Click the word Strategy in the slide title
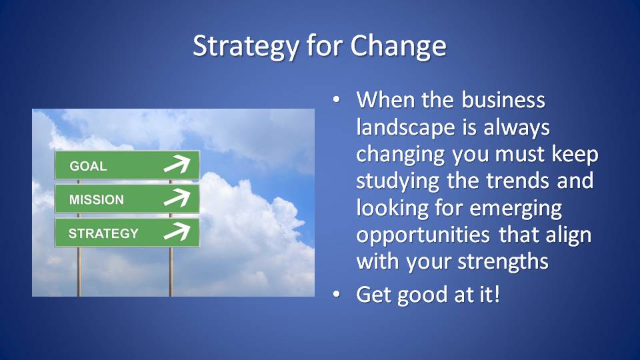pyautogui.click(x=246, y=46)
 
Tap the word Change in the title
pyautogui.click(x=399, y=46)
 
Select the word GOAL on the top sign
pyautogui.click(x=88, y=166)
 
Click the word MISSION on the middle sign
pyautogui.click(x=96, y=199)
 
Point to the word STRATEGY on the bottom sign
pyautogui.click(x=104, y=233)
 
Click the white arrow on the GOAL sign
pyautogui.click(x=177, y=164)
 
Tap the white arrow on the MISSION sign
pyautogui.click(x=177, y=197)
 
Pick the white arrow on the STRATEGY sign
pyautogui.click(x=177, y=231)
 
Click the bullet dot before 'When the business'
pyautogui.click(x=336, y=99)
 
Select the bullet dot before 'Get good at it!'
pyautogui.click(x=336, y=294)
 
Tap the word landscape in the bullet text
pyautogui.click(x=406, y=127)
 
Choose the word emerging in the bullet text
pyautogui.click(x=516, y=209)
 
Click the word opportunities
pyautogui.click(x=423, y=235)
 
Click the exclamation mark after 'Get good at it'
pyautogui.click(x=496, y=294)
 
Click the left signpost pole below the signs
pyautogui.click(x=79, y=272)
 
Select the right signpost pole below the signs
pyautogui.click(x=171, y=272)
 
